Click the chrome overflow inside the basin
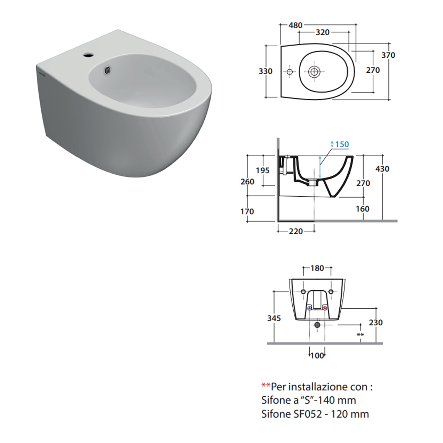pos(108,70)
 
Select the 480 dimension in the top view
pos(295,25)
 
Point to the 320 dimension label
pos(323,32)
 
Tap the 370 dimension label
pos(388,55)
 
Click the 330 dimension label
pos(266,71)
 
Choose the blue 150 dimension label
pos(342,144)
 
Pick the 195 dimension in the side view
pos(263,170)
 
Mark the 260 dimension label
pos(247,181)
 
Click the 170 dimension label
pos(247,211)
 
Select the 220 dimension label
pos(296,231)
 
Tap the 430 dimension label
pos(382,169)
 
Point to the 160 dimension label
pos(362,209)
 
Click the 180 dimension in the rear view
pos(317,268)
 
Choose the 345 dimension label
pos(274,318)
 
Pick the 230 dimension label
pos(376,323)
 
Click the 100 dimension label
pos(317,356)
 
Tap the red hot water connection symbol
pos(325,308)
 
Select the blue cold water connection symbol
pos(310,308)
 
